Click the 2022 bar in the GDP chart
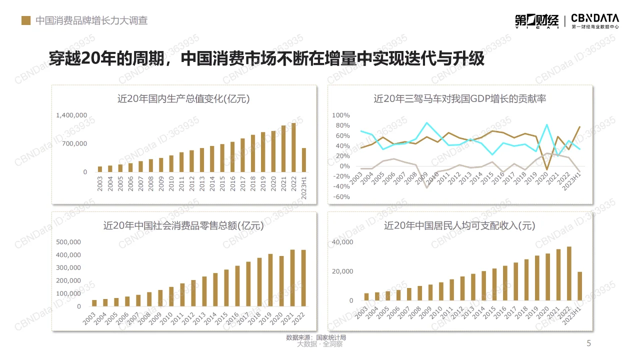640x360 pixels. (293, 147)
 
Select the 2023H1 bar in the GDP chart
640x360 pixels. (303, 160)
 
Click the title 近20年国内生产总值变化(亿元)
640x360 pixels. (183, 99)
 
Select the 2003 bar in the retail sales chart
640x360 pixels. (94, 303)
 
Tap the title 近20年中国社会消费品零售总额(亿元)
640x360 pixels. (183, 225)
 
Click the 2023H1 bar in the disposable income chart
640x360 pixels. (579, 286)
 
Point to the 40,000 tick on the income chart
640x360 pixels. (342, 242)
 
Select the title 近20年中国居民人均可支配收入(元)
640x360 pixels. (459, 225)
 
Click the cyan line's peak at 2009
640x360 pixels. (426, 123)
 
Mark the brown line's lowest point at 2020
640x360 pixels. (547, 170)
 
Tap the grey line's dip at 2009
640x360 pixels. (426, 187)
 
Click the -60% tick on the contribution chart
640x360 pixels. (340, 196)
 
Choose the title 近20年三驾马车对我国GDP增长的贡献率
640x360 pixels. (459, 99)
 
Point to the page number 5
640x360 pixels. (588, 343)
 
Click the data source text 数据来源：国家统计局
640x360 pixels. (316, 337)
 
